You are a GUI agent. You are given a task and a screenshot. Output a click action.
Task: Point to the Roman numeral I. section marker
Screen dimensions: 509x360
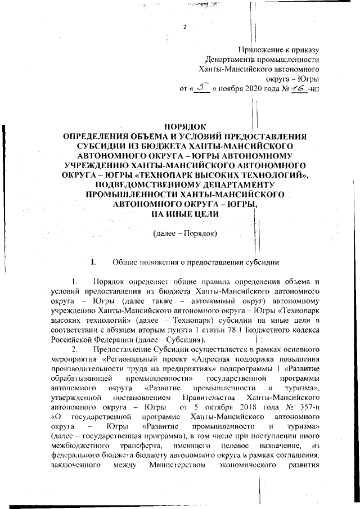93,262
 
